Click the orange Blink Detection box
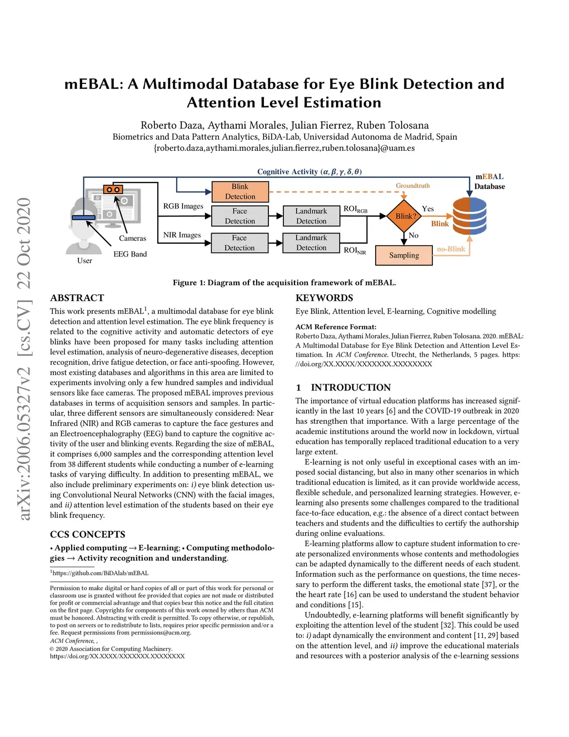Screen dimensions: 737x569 240,192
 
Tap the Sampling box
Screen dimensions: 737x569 404,255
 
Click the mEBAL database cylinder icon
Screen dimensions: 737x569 470,216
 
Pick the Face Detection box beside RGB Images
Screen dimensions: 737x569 239,216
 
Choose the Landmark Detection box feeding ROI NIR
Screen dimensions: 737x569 311,243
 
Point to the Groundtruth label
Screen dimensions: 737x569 412,186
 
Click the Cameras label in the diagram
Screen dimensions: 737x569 132,239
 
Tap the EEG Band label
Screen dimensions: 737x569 130,254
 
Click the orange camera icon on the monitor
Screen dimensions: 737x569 113,190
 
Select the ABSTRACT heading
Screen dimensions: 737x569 77,298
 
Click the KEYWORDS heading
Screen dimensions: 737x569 324,298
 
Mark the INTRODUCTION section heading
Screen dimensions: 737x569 350,388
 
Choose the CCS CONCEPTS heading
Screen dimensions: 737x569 88,535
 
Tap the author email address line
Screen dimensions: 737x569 284,148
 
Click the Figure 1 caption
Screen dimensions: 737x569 284,283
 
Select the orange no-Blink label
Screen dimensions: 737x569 451,249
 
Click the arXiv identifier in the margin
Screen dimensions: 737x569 24,359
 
